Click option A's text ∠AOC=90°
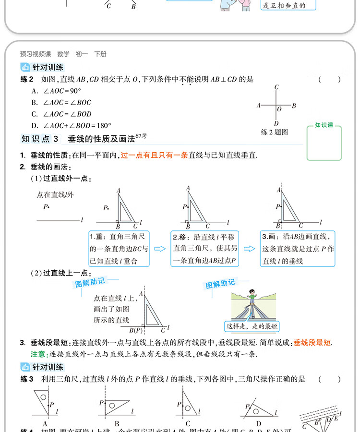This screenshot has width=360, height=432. [62, 91]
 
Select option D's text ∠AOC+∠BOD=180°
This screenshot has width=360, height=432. [77, 126]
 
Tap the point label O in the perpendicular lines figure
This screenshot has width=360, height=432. [279, 109]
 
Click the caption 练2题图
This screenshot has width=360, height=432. [274, 132]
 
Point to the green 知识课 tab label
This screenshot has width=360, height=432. [324, 125]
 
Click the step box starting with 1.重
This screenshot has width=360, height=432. [119, 249]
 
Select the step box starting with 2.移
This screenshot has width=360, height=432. [205, 249]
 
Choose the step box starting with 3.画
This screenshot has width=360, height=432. [298, 249]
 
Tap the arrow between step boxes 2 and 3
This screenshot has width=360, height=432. [249, 249]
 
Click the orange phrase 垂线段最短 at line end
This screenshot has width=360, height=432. [312, 342]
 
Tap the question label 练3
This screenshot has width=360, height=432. [27, 379]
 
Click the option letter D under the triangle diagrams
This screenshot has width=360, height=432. [259, 423]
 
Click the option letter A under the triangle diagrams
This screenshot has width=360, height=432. [45, 423]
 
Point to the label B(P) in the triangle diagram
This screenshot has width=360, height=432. [136, 330]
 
